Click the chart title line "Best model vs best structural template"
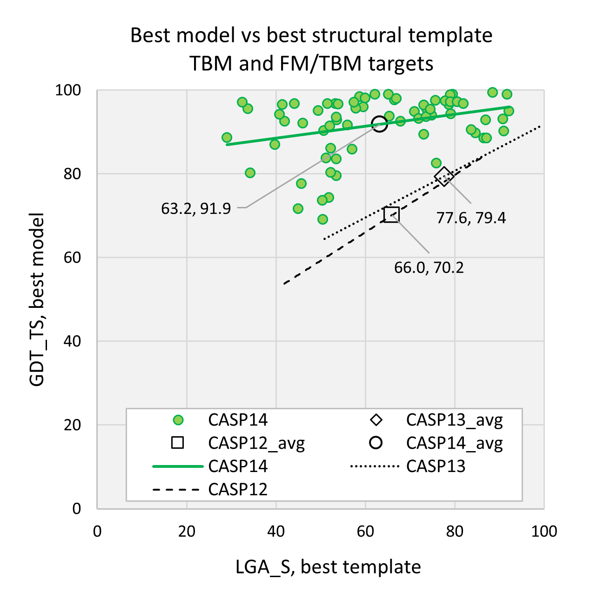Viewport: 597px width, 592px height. pyautogui.click(x=311, y=36)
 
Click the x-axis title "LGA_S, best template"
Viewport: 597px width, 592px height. pyautogui.click(x=328, y=567)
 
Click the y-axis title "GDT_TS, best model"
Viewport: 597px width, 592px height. pyautogui.click(x=37, y=299)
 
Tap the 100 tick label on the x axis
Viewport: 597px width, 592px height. pyautogui.click(x=543, y=531)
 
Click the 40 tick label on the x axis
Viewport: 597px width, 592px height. pyautogui.click(x=276, y=531)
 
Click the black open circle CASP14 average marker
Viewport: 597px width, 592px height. pyautogui.click(x=380, y=124)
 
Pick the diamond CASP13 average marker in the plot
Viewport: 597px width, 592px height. pyautogui.click(x=444, y=176)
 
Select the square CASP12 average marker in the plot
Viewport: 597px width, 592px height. pyautogui.click(x=392, y=214)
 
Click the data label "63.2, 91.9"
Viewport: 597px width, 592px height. pyautogui.click(x=196, y=209)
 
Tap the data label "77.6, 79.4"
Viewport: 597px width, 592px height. pyautogui.click(x=471, y=218)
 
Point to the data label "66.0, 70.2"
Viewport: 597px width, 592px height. pyautogui.click(x=429, y=268)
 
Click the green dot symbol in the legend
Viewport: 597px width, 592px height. pyautogui.click(x=178, y=420)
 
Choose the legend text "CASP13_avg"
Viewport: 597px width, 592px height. pyautogui.click(x=454, y=420)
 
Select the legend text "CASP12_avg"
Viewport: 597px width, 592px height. pyautogui.click(x=256, y=443)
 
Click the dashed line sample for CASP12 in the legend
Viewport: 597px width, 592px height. pyautogui.click(x=178, y=490)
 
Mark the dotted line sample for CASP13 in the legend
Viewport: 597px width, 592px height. pyautogui.click(x=375, y=466)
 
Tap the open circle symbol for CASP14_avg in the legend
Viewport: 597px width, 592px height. pyautogui.click(x=376, y=443)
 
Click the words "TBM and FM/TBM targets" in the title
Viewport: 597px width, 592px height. pyautogui.click(x=311, y=64)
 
